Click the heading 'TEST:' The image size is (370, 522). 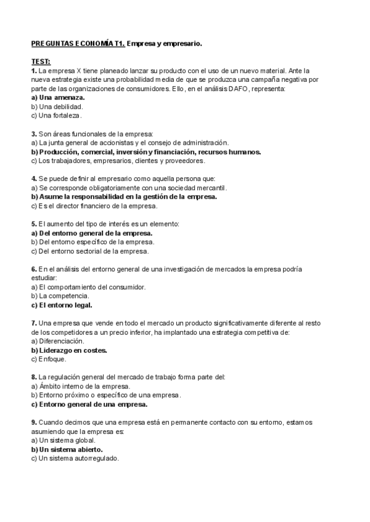click(x=41, y=62)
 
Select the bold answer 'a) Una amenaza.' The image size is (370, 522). click(x=58, y=97)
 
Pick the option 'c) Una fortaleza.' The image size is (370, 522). click(x=56, y=115)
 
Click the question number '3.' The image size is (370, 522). click(x=34, y=133)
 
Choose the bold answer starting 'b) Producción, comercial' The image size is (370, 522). click(x=146, y=151)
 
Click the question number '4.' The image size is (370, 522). click(x=34, y=179)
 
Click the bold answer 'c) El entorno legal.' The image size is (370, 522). click(x=62, y=305)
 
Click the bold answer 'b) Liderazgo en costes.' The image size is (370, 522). click(x=69, y=350)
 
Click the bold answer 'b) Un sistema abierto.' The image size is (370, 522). click(x=67, y=450)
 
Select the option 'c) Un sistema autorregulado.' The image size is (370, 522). click(x=75, y=459)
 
